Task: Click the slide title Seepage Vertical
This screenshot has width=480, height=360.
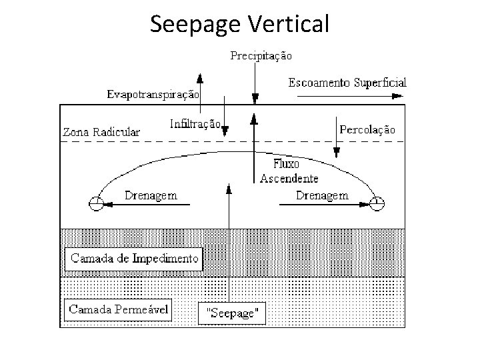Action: [x=240, y=24]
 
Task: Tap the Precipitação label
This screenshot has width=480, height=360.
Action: [x=261, y=56]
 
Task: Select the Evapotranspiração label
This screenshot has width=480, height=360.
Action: [x=153, y=94]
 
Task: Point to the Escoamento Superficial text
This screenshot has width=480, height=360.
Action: [x=347, y=83]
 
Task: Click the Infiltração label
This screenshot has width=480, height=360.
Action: [x=195, y=123]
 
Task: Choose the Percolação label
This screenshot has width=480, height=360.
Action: [x=367, y=129]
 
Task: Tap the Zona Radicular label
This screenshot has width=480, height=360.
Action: [x=101, y=132]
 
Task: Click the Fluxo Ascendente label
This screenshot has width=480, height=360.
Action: [x=289, y=171]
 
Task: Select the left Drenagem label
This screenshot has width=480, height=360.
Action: [x=151, y=195]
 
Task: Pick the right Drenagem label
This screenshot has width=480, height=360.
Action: [x=321, y=195]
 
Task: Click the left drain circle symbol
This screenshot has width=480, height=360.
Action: [x=97, y=203]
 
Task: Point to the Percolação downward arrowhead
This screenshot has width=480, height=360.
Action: [x=337, y=152]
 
